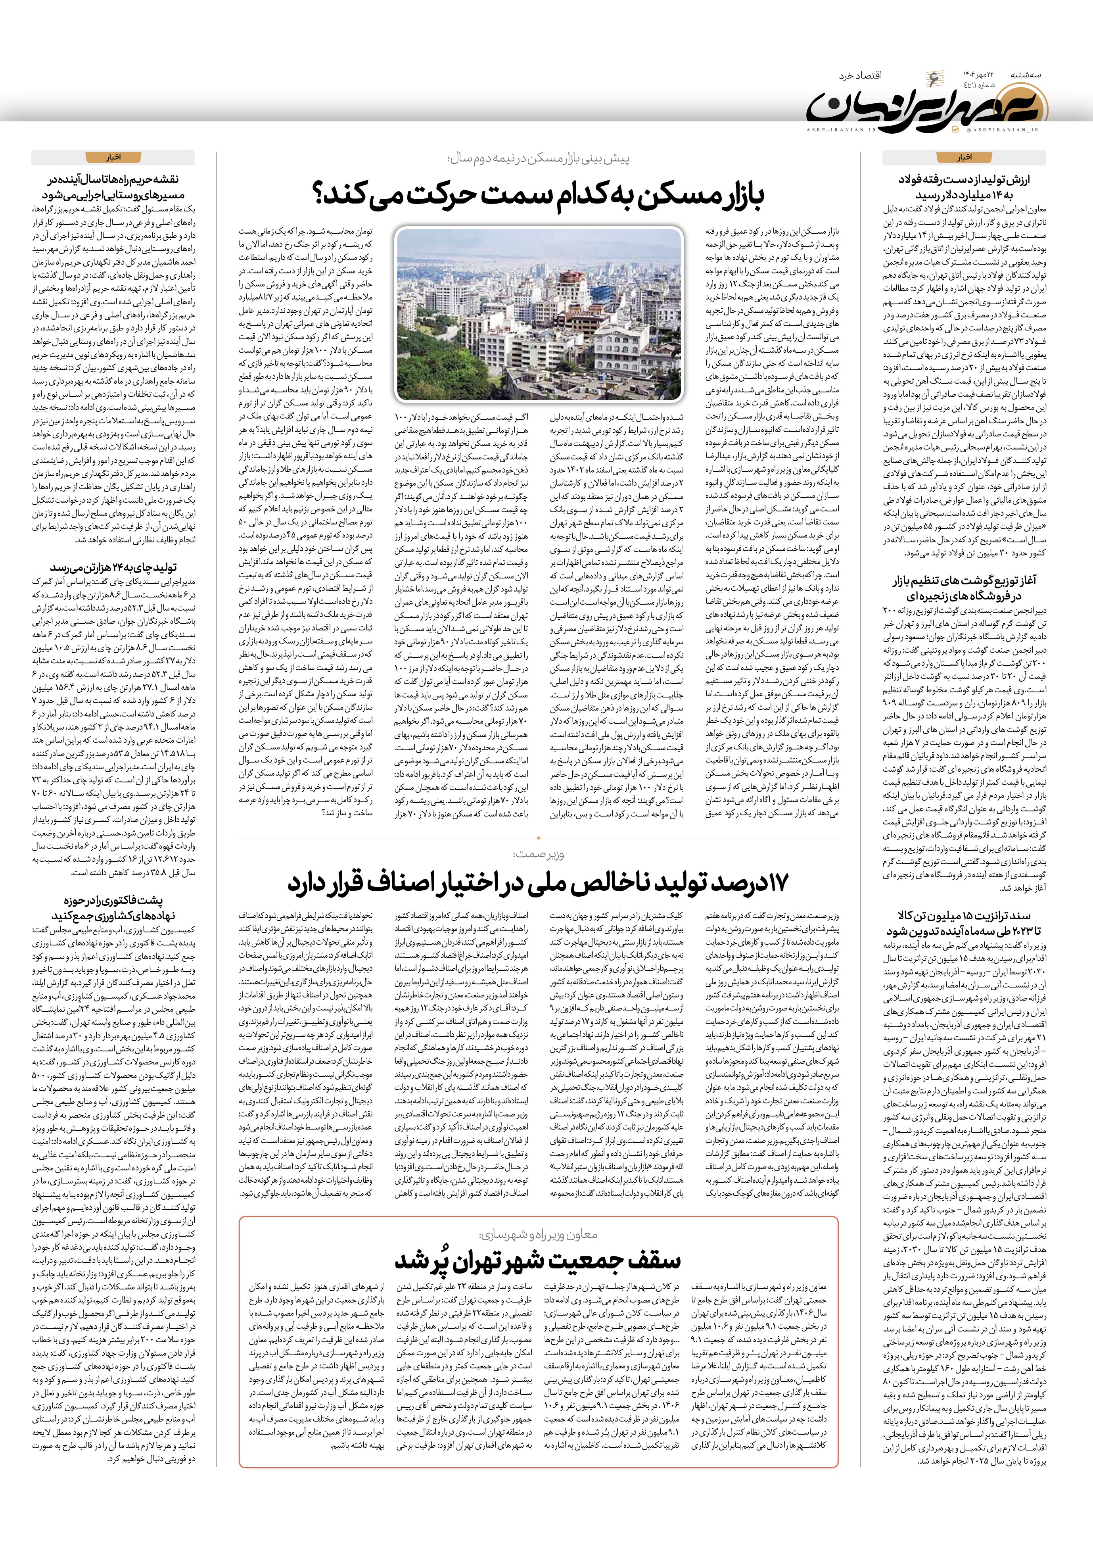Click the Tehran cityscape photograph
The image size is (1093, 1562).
click(539, 314)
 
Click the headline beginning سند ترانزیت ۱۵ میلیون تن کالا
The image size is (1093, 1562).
click(964, 923)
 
